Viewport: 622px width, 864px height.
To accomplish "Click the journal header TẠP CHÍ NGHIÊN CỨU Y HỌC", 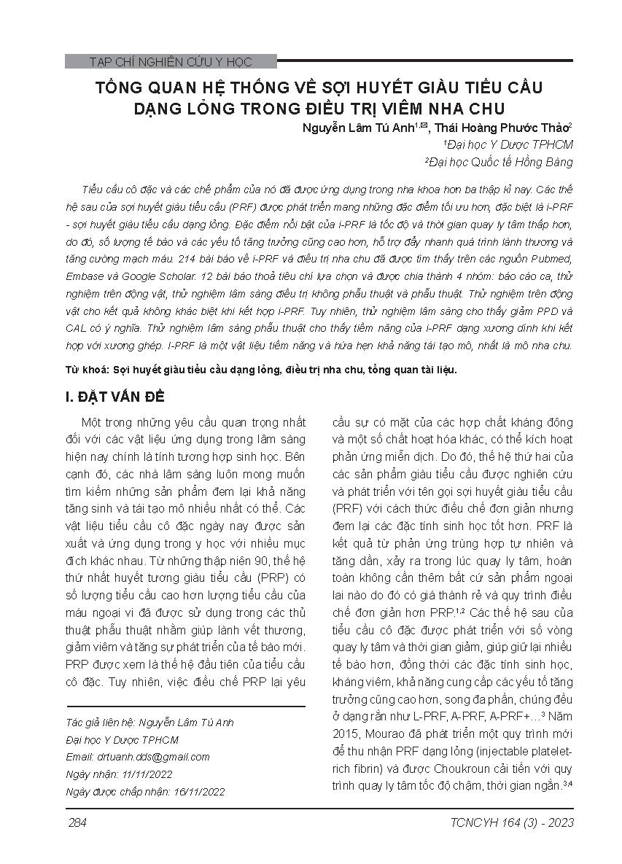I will pos(170,62).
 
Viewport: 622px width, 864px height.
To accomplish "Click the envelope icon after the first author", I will pos(421,125).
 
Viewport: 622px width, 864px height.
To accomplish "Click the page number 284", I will pos(77,823).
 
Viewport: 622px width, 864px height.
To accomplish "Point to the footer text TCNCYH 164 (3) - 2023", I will pos(514,823).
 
